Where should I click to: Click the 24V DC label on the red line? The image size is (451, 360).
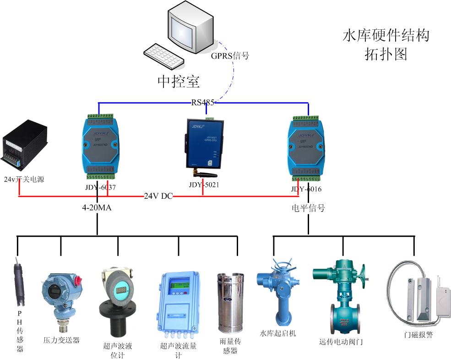pos(158,196)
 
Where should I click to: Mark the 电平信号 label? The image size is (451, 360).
pos(308,208)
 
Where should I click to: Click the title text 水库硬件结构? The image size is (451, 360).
pos(386,36)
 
